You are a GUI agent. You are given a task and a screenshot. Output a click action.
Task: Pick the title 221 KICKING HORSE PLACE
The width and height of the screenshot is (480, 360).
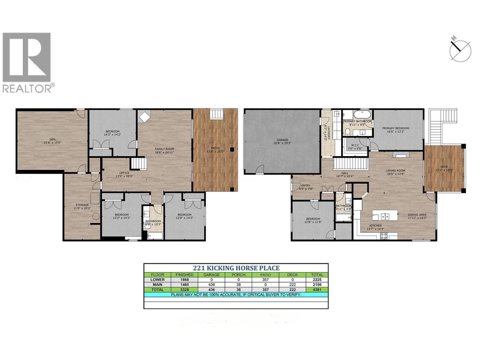236,268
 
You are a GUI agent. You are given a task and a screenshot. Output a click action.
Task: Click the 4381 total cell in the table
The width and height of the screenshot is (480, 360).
317,290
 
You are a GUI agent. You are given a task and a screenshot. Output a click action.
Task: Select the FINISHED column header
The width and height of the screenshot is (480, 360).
184,275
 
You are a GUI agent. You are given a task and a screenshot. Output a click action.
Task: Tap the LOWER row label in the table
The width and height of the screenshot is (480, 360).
157,280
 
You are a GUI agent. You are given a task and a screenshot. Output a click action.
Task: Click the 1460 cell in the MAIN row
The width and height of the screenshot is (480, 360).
184,285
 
